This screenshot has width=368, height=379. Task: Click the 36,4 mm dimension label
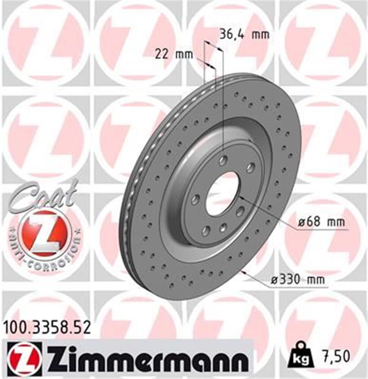[x=244, y=35]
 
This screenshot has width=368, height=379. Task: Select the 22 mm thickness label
[x=174, y=55]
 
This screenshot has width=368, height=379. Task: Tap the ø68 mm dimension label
[x=321, y=222]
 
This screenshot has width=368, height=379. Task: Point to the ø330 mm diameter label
[x=298, y=279]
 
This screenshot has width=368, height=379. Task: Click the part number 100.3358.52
[x=47, y=327]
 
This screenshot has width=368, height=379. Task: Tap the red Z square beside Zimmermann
[x=25, y=358]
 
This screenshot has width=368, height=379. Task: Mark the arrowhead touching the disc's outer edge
[x=244, y=271]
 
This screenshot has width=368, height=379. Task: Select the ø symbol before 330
[x=274, y=280]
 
